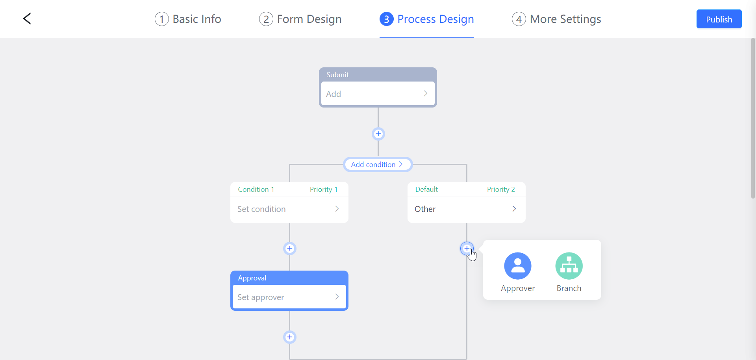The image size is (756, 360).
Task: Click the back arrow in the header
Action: pyautogui.click(x=27, y=19)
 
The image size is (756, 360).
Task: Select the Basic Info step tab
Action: pyautogui.click(x=188, y=19)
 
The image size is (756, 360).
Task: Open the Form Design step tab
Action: pyautogui.click(x=300, y=19)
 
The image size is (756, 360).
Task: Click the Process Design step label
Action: pyautogui.click(x=435, y=19)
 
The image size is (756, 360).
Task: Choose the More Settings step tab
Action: pyautogui.click(x=556, y=19)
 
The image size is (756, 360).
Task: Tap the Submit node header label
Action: pyautogui.click(x=337, y=75)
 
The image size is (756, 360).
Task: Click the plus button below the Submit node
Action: pyautogui.click(x=378, y=134)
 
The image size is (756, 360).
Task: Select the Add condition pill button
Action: pyautogui.click(x=377, y=165)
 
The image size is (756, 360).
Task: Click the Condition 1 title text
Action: pyautogui.click(x=256, y=189)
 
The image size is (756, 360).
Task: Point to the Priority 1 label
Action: pyautogui.click(x=323, y=189)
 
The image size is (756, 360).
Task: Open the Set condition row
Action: pyautogui.click(x=289, y=209)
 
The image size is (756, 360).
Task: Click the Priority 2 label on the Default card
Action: pyautogui.click(x=500, y=189)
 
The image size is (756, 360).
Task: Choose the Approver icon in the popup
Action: pyautogui.click(x=517, y=266)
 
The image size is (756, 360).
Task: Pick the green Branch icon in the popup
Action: pyautogui.click(x=569, y=266)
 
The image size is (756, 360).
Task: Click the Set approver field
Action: pyautogui.click(x=289, y=297)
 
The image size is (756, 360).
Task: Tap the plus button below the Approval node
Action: pyautogui.click(x=290, y=337)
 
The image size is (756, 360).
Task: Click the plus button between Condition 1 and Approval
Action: pyautogui.click(x=290, y=249)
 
